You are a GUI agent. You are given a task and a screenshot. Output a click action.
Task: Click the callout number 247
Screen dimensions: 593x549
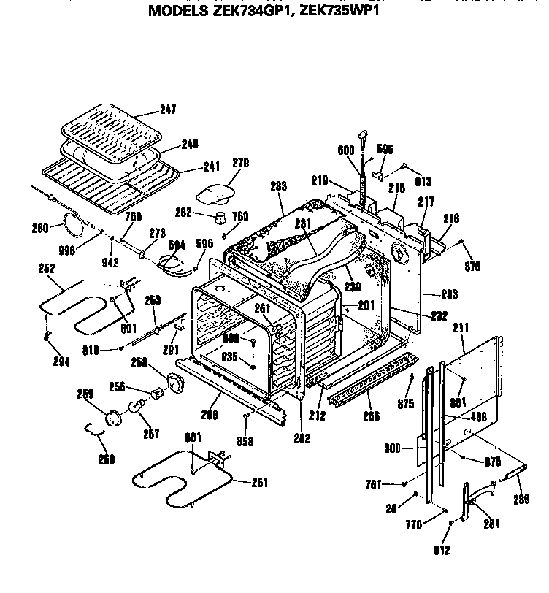(168, 110)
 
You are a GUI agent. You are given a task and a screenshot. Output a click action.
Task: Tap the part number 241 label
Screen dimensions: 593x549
(191, 165)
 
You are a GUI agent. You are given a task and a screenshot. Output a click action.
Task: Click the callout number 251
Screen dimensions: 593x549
(259, 482)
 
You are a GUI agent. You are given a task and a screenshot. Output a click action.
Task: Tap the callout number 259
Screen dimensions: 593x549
(85, 394)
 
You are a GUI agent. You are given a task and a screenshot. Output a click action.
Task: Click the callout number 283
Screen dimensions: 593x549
(449, 295)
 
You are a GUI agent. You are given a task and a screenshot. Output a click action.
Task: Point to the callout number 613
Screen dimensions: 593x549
(423, 181)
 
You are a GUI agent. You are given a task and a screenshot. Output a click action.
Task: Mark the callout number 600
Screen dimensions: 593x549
(346, 150)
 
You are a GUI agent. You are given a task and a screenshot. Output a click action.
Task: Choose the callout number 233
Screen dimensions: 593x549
(278, 186)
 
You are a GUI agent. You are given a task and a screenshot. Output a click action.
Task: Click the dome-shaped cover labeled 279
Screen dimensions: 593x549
(216, 194)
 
